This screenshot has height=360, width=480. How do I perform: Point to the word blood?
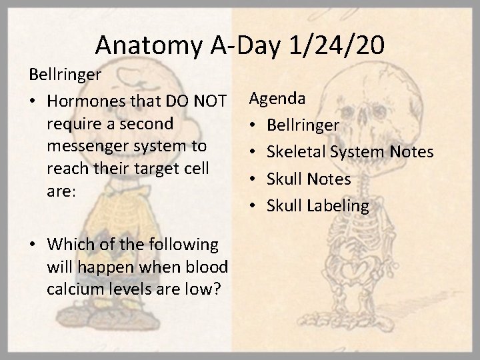click(205, 267)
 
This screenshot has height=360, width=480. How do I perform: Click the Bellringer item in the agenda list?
click(303, 126)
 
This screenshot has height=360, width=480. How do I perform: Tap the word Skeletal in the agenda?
click(296, 153)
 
